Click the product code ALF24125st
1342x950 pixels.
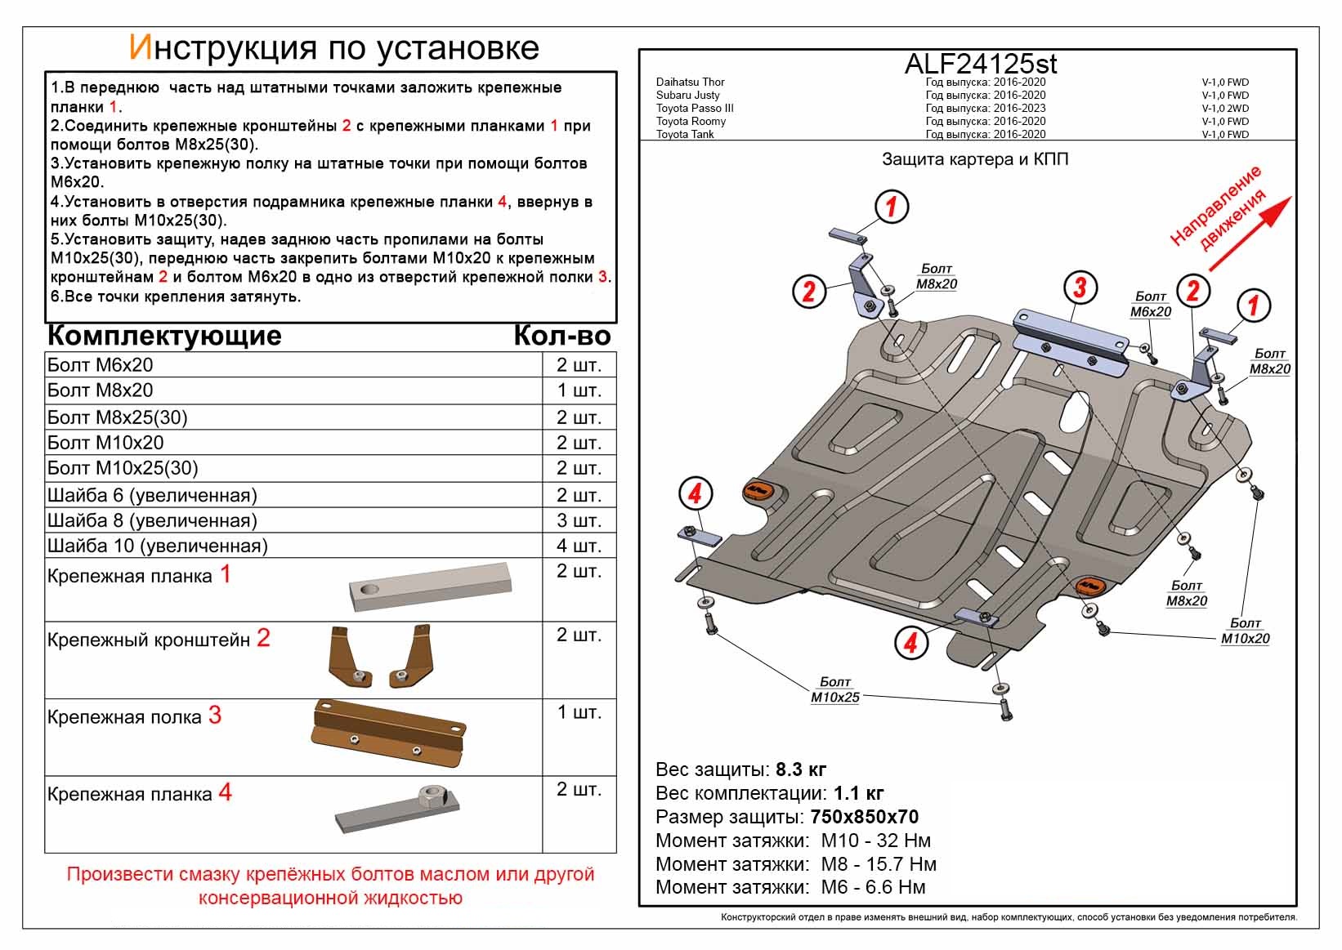click(980, 65)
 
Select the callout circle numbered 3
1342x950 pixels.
click(1080, 287)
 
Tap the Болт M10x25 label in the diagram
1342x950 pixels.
click(834, 690)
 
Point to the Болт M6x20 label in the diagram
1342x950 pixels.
click(1150, 305)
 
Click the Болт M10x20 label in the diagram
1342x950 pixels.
click(1245, 631)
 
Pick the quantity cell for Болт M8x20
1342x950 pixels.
click(579, 390)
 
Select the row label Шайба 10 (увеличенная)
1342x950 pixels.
click(158, 546)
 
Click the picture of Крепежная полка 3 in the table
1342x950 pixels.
click(388, 733)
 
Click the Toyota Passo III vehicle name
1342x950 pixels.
click(695, 108)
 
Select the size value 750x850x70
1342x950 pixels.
click(864, 817)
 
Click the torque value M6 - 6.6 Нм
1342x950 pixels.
click(873, 888)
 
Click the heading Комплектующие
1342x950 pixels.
click(164, 336)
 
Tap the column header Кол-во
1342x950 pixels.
click(561, 336)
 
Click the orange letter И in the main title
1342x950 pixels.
click(140, 48)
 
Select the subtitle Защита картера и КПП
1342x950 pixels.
click(974, 159)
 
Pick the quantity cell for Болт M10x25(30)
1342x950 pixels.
click(579, 468)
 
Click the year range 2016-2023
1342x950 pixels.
click(1019, 108)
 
